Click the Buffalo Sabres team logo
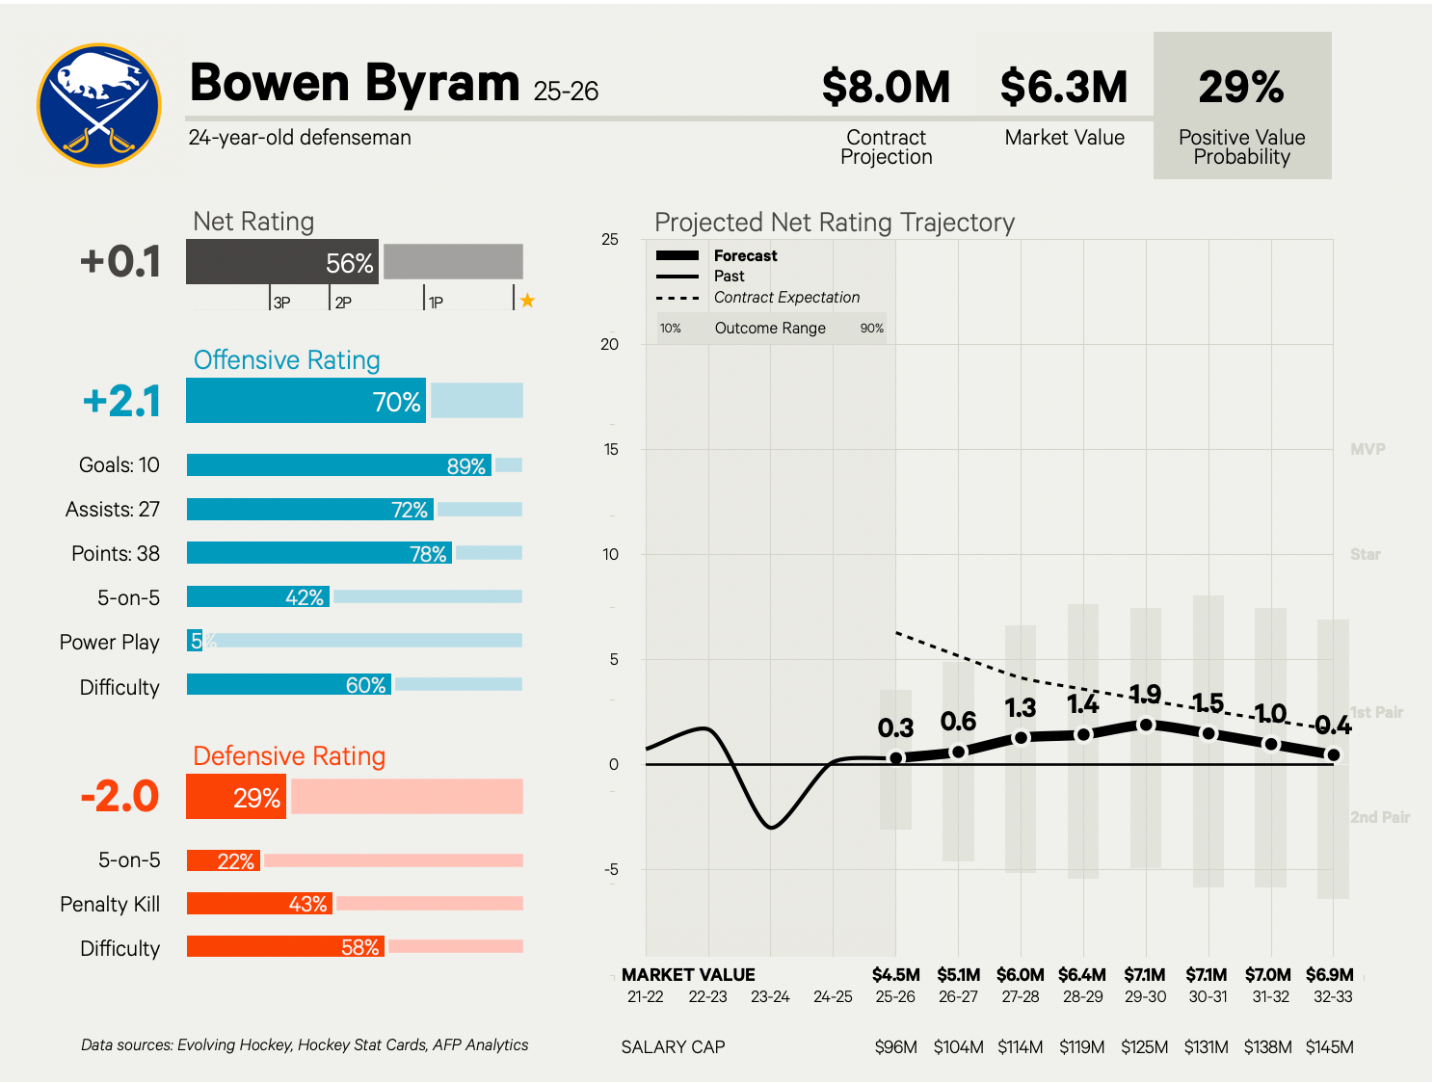tap(99, 105)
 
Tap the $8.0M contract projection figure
tap(886, 88)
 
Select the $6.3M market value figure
tap(1064, 88)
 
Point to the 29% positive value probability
tap(1241, 88)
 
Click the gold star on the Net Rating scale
tap(527, 301)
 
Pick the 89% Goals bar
tap(339, 465)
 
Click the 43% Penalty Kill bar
tap(259, 904)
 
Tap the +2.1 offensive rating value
tap(122, 402)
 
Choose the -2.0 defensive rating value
tap(120, 797)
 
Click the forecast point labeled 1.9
tap(1146, 724)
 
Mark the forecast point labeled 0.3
tap(896, 757)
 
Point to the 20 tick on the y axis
tap(610, 345)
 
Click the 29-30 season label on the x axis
tap(1145, 997)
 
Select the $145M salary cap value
tap(1330, 1047)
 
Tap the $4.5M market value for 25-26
tap(896, 975)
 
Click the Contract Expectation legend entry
tap(786, 298)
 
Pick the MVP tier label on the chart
tap(1368, 449)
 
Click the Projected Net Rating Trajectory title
tap(835, 223)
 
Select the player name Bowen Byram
tap(355, 83)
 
